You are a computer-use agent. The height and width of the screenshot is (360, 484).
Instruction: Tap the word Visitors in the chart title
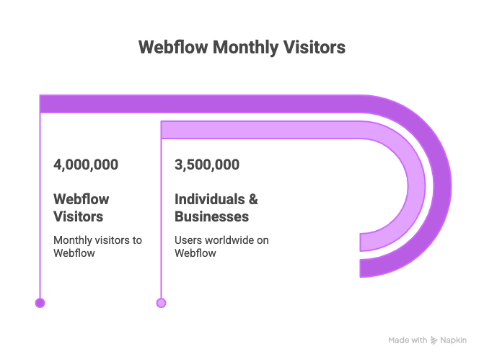(x=313, y=48)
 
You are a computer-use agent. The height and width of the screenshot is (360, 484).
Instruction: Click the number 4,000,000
(x=86, y=164)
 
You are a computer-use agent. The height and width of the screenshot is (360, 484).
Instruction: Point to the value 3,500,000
(x=207, y=164)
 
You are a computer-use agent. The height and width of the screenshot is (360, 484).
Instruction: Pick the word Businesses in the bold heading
(x=212, y=216)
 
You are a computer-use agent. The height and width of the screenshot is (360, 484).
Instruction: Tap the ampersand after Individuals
(x=252, y=199)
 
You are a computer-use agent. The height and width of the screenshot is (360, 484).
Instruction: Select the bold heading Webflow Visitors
(x=82, y=208)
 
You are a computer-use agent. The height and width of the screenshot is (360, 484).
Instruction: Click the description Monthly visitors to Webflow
(x=97, y=246)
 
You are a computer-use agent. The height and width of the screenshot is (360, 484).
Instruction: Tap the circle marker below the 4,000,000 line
(x=40, y=303)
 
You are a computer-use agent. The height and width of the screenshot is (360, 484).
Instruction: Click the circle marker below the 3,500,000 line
(x=161, y=303)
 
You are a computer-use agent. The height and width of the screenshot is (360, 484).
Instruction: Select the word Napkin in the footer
(x=453, y=340)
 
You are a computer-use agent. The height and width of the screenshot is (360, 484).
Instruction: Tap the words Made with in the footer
(x=408, y=340)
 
